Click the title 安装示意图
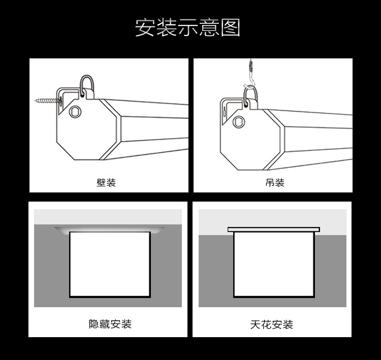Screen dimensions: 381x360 pos(187,27)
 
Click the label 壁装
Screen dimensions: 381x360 pos(106,183)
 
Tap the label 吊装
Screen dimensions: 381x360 pos(275,183)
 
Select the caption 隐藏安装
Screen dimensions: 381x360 pos(110,324)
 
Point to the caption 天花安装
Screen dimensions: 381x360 pos(272,324)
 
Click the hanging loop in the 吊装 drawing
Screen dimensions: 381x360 pos(251,95)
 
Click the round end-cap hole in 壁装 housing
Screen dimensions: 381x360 pos(75,112)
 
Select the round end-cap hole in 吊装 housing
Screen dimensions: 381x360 pos(239,121)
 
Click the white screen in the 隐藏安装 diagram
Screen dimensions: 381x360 pos(110,265)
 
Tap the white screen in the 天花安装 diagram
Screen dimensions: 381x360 pos(274,265)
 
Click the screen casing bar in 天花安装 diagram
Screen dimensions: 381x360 pos(274,230)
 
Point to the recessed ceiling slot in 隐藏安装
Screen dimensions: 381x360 pos(110,230)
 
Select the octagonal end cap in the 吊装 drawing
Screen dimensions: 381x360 pos(252,140)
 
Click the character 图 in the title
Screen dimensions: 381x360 pos(230,28)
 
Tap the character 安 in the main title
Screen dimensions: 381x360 pos(145,28)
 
